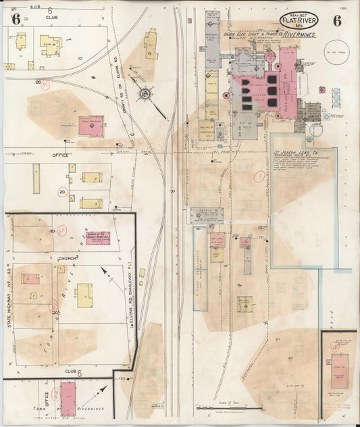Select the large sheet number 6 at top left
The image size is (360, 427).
13,18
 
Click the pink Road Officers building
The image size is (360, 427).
91,125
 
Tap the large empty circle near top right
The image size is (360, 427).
333,48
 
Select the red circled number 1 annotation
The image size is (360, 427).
259,177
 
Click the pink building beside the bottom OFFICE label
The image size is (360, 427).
68,396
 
